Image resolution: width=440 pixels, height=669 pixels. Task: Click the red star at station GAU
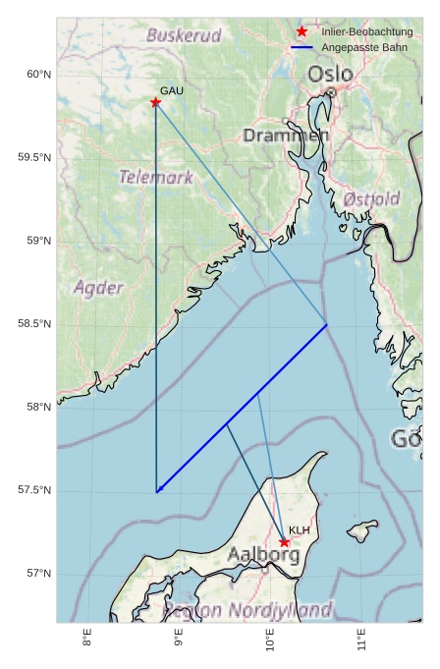coord(155,102)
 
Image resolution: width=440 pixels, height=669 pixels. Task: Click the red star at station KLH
coord(284,542)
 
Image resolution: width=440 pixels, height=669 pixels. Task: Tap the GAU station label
coord(172,90)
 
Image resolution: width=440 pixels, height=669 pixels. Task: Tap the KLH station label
coord(300,530)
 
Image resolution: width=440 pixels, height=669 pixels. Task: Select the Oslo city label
coord(329,75)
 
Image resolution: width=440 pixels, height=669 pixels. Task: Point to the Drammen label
coord(286,136)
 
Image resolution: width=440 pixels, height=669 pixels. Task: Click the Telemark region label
coord(156,178)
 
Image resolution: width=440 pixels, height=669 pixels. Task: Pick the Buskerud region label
coord(184,35)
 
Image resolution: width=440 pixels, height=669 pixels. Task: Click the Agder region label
coord(99,288)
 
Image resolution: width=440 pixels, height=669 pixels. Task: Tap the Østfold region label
coord(372,198)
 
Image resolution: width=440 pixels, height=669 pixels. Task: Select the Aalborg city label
coord(263,555)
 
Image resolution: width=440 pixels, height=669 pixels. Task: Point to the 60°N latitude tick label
coord(38,75)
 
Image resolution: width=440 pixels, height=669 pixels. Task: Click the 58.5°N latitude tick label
coord(35,324)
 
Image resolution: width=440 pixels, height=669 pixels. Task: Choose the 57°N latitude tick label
coord(38,574)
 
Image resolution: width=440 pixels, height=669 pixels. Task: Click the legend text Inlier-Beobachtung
coord(366,32)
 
